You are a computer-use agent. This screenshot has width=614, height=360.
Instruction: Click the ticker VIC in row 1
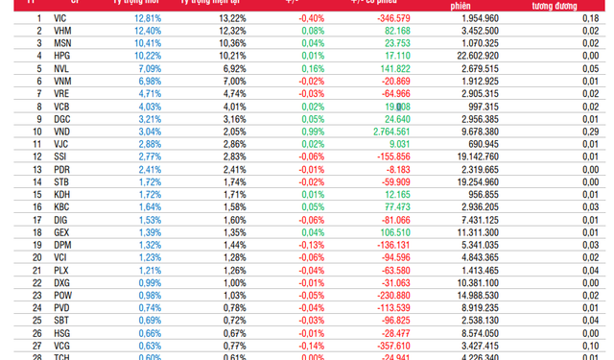(x=61, y=18)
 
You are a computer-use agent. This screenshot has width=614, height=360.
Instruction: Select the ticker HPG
(x=61, y=56)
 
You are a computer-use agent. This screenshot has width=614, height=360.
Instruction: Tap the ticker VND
(x=61, y=132)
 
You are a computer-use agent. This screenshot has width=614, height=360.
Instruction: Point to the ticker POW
(x=61, y=295)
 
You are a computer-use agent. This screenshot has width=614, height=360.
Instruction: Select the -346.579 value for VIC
(x=390, y=18)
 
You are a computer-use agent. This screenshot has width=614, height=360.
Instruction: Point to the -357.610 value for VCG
(x=390, y=345)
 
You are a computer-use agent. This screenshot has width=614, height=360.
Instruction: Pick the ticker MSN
(x=61, y=43)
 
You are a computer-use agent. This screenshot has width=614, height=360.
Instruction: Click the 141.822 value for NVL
(x=390, y=69)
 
